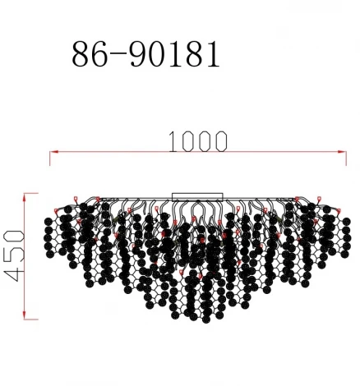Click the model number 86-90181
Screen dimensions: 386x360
point(145,53)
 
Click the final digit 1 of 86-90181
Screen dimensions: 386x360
point(212,53)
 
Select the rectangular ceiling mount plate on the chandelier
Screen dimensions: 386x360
point(196,196)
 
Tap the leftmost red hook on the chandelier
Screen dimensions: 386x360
point(56,212)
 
